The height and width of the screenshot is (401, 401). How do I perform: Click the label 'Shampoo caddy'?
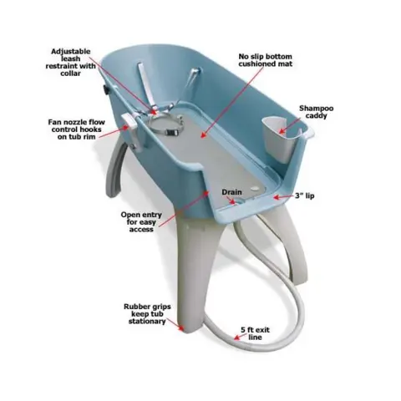click(316, 112)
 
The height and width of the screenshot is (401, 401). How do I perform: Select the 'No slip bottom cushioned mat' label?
click(266, 60)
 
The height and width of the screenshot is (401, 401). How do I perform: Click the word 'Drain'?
click(231, 192)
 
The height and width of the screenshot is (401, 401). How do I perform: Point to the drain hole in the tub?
click(237, 201)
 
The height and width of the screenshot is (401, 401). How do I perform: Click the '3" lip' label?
click(305, 195)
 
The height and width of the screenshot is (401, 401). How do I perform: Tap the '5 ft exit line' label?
click(255, 333)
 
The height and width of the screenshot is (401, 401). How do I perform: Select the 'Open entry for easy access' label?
click(141, 222)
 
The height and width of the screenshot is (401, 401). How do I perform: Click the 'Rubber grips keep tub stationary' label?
click(147, 314)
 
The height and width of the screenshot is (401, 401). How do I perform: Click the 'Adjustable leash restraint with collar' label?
click(70, 63)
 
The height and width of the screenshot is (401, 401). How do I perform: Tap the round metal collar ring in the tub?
click(166, 125)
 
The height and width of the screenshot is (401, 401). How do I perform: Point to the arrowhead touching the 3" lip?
click(276, 197)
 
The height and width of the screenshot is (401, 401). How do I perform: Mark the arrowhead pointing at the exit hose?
click(236, 338)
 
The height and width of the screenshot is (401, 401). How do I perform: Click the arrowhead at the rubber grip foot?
click(180, 328)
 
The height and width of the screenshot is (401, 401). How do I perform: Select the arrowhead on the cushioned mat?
click(203, 135)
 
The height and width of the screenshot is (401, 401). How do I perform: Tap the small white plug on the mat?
click(254, 189)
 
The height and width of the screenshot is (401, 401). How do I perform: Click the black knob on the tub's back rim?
click(106, 89)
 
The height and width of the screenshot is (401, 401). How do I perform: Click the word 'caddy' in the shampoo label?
click(317, 115)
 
